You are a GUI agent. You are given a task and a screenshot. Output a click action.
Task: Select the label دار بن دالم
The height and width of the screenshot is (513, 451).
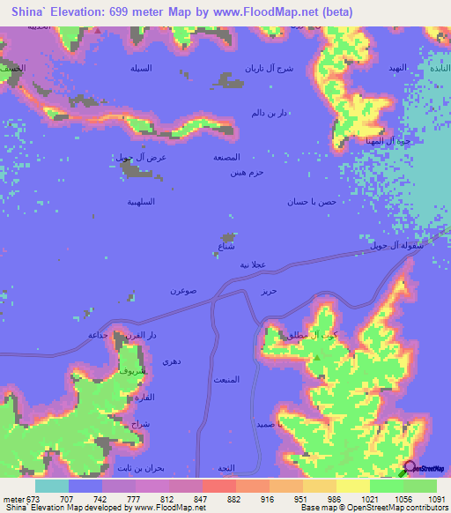click(270, 112)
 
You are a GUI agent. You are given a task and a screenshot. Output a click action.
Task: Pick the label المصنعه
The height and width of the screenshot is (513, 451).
click(227, 157)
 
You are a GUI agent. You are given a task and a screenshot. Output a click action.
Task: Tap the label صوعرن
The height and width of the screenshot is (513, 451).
click(183, 290)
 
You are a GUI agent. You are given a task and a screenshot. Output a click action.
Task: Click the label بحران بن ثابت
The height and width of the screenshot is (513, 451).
click(140, 467)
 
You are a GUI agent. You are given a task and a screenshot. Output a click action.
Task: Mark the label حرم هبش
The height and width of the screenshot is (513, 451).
click(248, 173)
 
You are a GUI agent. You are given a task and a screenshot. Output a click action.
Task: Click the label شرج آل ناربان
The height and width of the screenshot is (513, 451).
click(266, 68)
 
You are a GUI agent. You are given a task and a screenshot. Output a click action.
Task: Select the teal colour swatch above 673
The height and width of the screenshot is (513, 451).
click(51, 486)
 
